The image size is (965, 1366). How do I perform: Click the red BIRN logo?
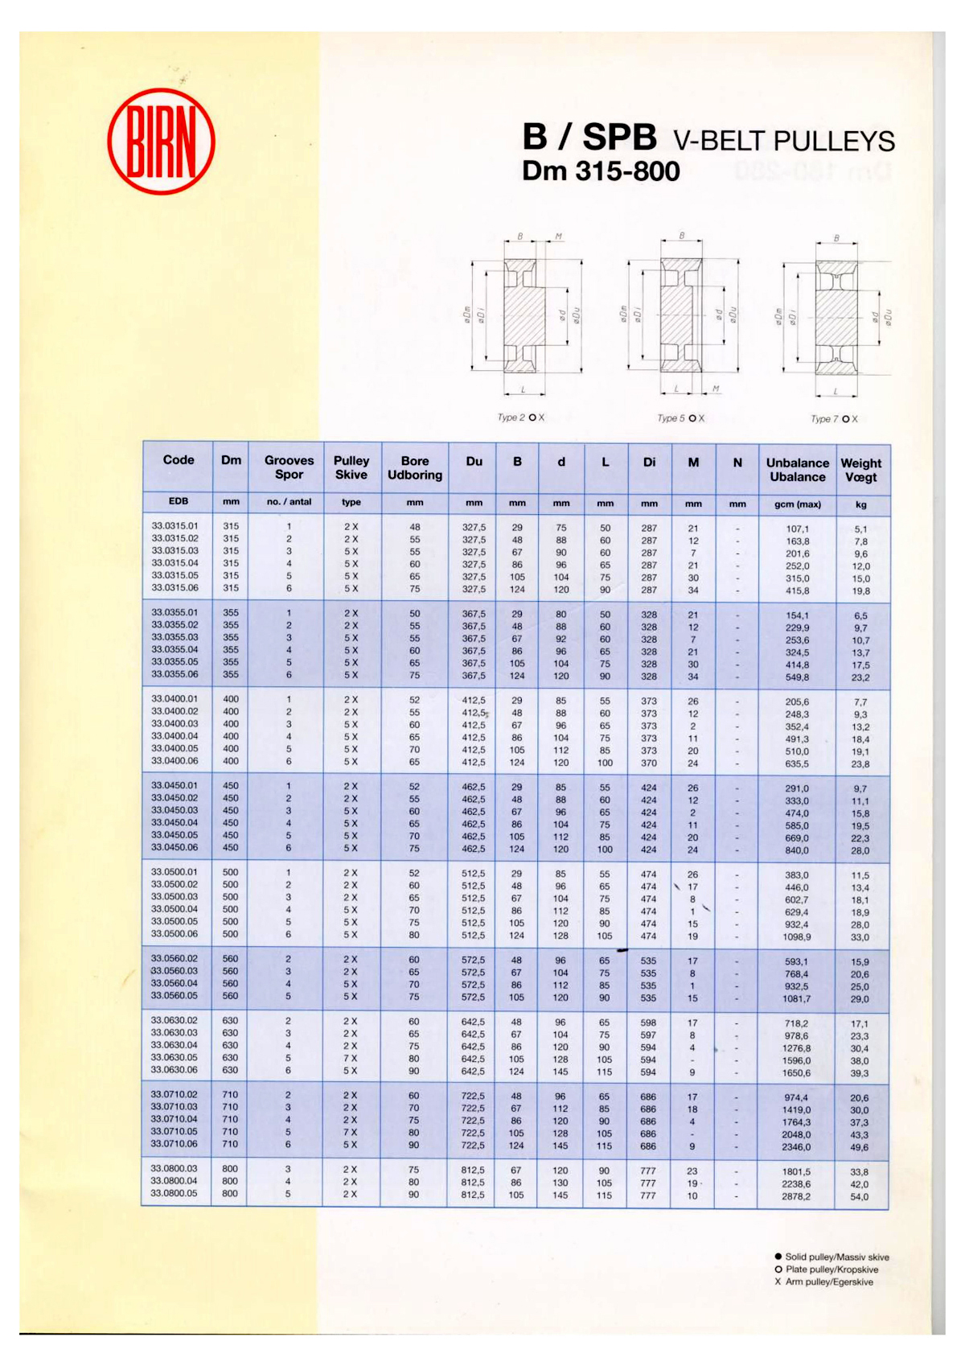click(x=161, y=142)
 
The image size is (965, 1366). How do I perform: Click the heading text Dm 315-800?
click(x=601, y=171)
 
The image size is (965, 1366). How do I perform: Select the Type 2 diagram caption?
click(x=520, y=418)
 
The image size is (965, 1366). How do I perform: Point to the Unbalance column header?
click(x=797, y=470)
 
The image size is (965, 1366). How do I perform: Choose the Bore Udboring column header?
click(x=415, y=468)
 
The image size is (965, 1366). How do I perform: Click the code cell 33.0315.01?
click(x=175, y=526)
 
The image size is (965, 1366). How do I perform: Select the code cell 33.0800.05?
click(x=174, y=1194)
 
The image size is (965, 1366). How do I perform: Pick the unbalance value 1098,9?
click(x=797, y=937)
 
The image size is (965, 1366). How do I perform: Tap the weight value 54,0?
click(x=859, y=1197)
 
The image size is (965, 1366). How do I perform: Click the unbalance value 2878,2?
click(x=796, y=1197)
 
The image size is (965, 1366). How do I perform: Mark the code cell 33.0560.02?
click(x=174, y=959)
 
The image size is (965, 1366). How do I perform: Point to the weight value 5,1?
click(x=860, y=529)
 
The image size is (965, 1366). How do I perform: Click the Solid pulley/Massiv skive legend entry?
click(x=832, y=1257)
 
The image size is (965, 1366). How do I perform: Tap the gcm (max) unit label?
click(x=797, y=504)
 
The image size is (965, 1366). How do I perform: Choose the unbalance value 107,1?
click(x=797, y=529)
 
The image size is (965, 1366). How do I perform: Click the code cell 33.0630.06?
click(x=174, y=1070)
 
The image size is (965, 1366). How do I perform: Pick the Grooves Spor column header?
click(x=289, y=467)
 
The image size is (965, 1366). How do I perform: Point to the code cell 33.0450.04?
click(x=175, y=823)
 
